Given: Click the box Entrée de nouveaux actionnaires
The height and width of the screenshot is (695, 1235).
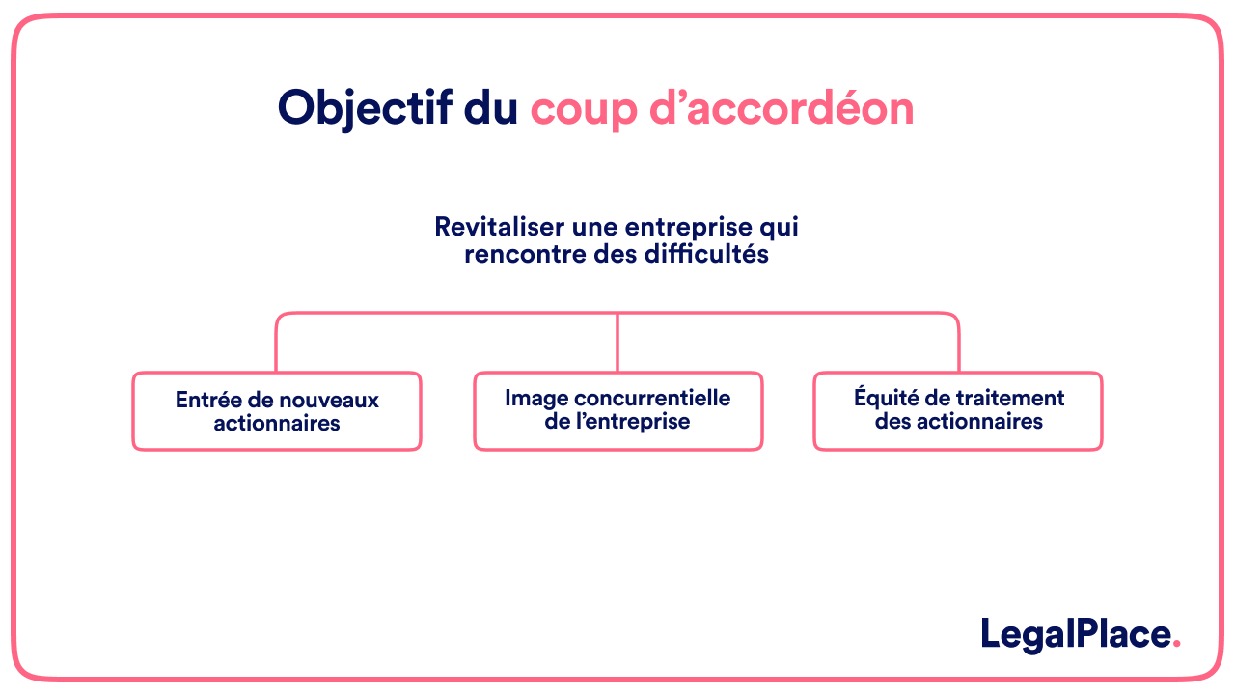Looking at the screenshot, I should [x=277, y=411].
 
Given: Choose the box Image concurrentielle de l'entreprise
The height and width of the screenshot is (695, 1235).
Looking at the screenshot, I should [x=617, y=411].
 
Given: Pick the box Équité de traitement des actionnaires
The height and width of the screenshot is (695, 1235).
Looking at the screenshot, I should [x=958, y=411].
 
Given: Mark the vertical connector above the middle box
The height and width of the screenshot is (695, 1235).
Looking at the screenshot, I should [x=617, y=343].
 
